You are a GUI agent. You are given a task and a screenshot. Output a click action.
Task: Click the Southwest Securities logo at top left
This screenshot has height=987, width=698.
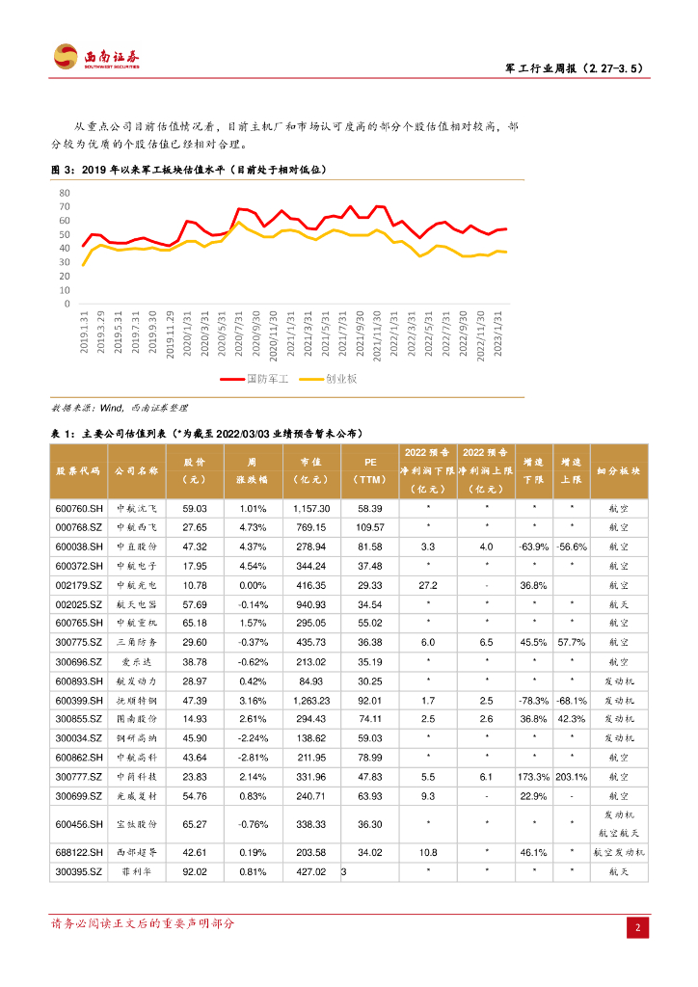pyautogui.click(x=95, y=57)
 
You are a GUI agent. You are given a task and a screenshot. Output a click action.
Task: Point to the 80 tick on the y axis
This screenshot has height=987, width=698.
pyautogui.click(x=65, y=193)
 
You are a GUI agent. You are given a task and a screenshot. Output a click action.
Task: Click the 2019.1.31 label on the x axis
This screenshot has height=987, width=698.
pyautogui.click(x=85, y=332)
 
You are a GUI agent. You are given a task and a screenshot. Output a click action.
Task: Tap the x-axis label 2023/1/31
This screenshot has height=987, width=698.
pyautogui.click(x=498, y=332)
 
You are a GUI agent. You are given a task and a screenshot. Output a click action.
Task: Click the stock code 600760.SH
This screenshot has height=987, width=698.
pyautogui.click(x=78, y=508)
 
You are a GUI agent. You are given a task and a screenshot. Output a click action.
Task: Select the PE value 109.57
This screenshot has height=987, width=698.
pyautogui.click(x=370, y=527)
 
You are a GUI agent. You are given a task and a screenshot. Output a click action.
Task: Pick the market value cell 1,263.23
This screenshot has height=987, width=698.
pyautogui.click(x=311, y=701)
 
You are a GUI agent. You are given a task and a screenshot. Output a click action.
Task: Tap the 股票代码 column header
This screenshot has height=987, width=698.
pyautogui.click(x=78, y=470)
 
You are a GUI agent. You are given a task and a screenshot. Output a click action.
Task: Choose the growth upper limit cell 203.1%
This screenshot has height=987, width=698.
pyautogui.click(x=572, y=777)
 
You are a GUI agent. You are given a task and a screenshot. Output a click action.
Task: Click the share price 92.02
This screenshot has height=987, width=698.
pyautogui.click(x=195, y=872)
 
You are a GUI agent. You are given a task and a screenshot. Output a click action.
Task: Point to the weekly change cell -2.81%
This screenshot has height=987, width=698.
pyautogui.click(x=253, y=758)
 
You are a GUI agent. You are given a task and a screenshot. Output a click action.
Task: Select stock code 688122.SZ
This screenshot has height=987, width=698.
pyautogui.click(x=78, y=853)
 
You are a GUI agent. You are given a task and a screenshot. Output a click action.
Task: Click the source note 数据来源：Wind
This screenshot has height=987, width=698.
pyautogui.click(x=120, y=408)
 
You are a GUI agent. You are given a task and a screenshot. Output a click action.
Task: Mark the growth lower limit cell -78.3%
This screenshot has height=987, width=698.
pyautogui.click(x=527, y=701)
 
